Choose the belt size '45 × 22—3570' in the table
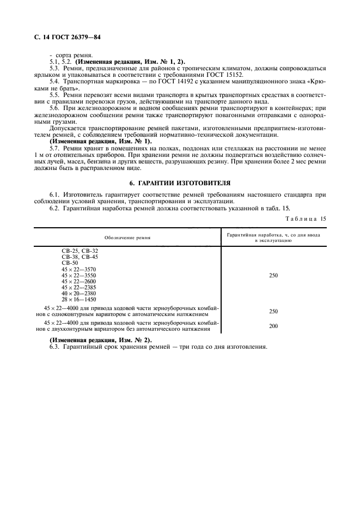pyautogui.click(x=79, y=269)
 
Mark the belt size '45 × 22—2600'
pyautogui.click(x=79, y=281)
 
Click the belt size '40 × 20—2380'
pyautogui.click(x=79, y=293)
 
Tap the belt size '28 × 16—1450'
pyautogui.click(x=79, y=299)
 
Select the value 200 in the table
pyautogui.click(x=273, y=326)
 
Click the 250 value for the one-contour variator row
pyautogui.click(x=273, y=311)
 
